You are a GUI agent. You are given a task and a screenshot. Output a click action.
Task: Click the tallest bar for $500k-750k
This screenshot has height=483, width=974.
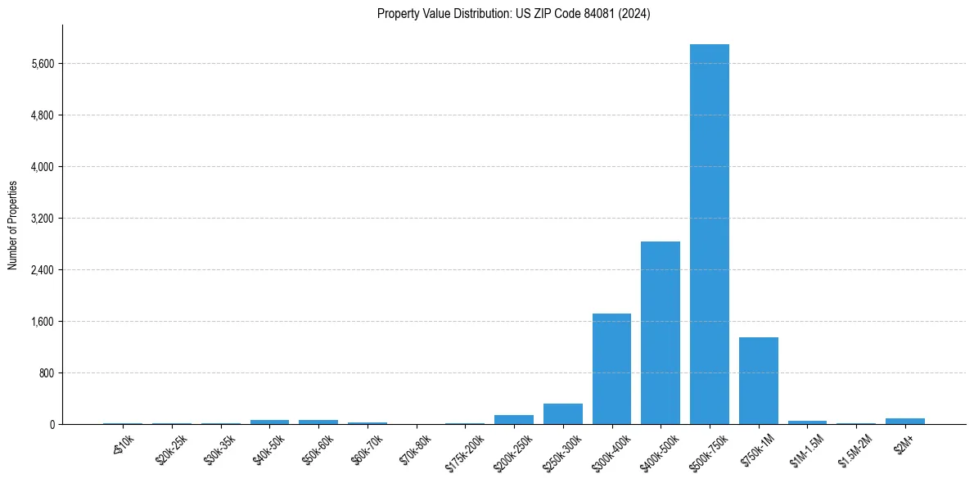tap(709, 234)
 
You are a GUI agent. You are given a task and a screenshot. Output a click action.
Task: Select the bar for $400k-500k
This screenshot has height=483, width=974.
tap(660, 332)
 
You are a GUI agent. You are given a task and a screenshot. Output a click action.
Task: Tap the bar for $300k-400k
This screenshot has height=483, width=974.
tap(611, 368)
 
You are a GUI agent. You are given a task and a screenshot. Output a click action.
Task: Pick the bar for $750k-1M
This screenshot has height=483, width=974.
tap(758, 381)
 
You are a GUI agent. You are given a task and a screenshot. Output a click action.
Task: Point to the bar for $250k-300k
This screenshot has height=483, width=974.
tap(562, 414)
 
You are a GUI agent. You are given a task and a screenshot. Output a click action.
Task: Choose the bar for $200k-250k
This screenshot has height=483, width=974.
tap(513, 419)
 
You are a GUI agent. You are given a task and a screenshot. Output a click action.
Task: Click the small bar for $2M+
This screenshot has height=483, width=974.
tap(904, 421)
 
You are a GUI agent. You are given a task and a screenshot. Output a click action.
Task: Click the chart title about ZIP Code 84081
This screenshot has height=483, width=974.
tap(513, 14)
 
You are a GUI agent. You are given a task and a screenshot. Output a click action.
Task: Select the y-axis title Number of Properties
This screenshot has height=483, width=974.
tap(13, 225)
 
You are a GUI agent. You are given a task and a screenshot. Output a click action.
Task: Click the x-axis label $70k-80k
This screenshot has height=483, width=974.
tap(415, 449)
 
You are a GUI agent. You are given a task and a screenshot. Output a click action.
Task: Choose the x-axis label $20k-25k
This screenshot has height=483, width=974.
tap(170, 449)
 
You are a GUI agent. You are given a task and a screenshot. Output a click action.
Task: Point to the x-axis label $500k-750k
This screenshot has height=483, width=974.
tap(707, 451)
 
